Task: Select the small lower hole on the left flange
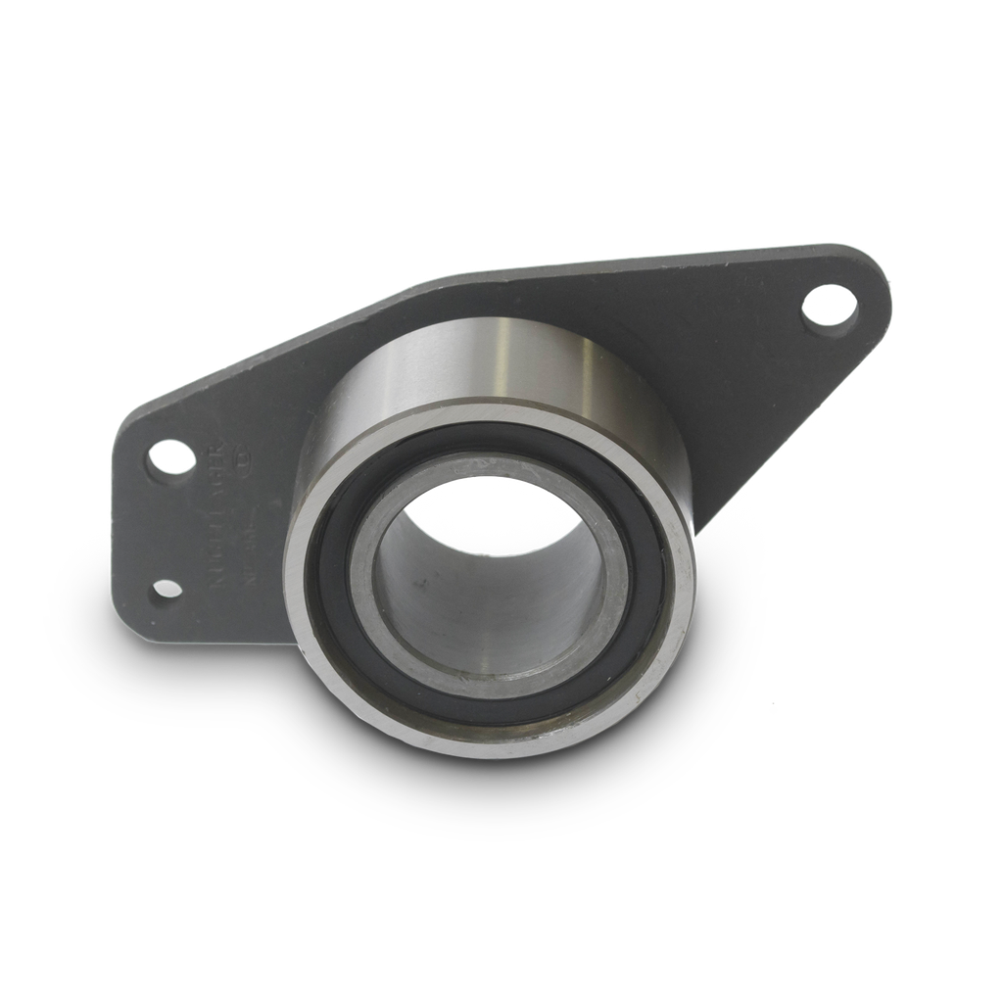click(167, 588)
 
